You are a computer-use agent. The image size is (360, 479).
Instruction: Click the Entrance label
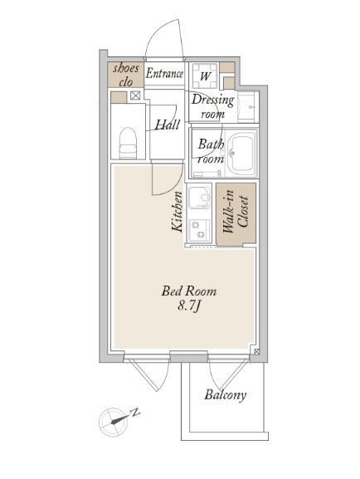tap(164, 74)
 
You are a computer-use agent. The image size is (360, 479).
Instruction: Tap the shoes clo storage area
tap(125, 75)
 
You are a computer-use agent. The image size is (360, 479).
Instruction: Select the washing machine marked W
tap(205, 76)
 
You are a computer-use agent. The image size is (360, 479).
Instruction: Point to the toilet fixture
tap(128, 143)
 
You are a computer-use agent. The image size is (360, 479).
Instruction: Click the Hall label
tap(167, 125)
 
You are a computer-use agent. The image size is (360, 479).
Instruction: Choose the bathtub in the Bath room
tap(242, 153)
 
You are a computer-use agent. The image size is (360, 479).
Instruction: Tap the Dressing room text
tap(212, 106)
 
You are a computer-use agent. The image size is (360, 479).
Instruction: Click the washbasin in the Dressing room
tap(248, 106)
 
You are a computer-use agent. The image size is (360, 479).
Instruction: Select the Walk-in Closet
tap(236, 214)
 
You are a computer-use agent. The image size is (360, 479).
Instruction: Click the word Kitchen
tap(178, 212)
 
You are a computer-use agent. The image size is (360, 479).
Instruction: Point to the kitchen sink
tap(199, 197)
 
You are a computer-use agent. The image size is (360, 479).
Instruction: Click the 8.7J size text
tap(188, 306)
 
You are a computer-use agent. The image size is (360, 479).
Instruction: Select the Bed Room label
tap(189, 291)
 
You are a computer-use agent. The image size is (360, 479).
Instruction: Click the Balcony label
tap(226, 394)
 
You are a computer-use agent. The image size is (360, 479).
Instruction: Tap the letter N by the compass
tap(134, 413)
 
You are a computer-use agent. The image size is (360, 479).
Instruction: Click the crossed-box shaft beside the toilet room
tap(135, 96)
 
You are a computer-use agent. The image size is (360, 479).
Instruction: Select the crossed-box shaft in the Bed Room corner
tap(256, 352)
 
